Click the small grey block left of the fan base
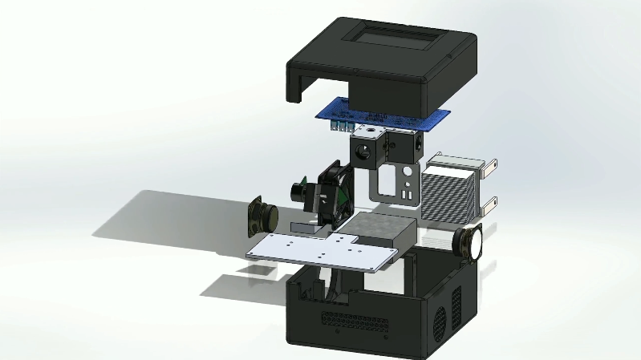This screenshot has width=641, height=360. point(302,227)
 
